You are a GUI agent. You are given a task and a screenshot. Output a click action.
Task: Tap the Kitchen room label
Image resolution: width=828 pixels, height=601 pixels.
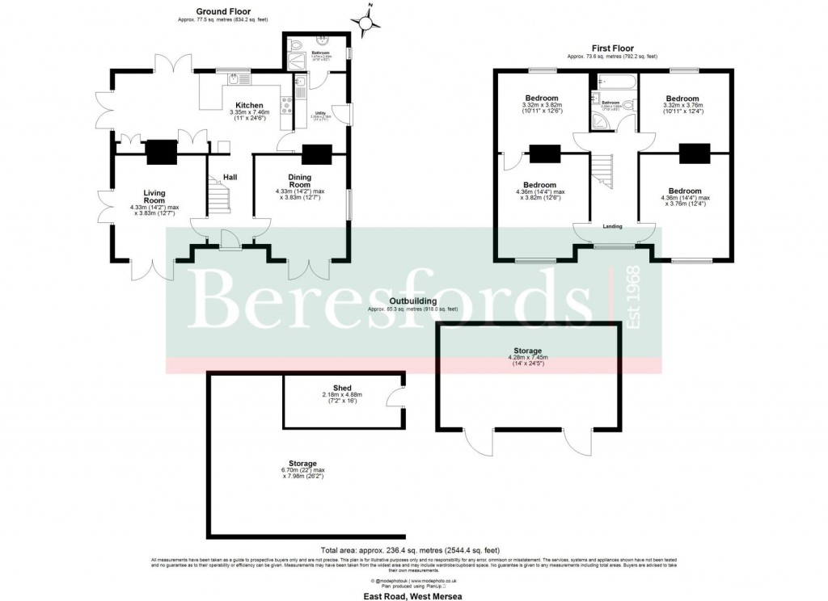pos(249,106)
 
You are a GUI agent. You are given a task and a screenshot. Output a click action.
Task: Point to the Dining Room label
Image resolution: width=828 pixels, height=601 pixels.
pos(300,181)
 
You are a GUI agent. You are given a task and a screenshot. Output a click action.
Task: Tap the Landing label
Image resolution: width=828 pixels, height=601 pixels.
pos(612,226)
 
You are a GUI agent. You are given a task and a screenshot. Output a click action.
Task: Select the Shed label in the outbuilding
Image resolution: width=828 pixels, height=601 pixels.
pos(343,388)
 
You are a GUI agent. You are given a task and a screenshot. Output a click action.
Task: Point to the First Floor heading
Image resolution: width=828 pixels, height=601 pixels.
pos(611,48)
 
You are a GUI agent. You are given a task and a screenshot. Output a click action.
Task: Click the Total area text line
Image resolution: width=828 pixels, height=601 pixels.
pos(412,548)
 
